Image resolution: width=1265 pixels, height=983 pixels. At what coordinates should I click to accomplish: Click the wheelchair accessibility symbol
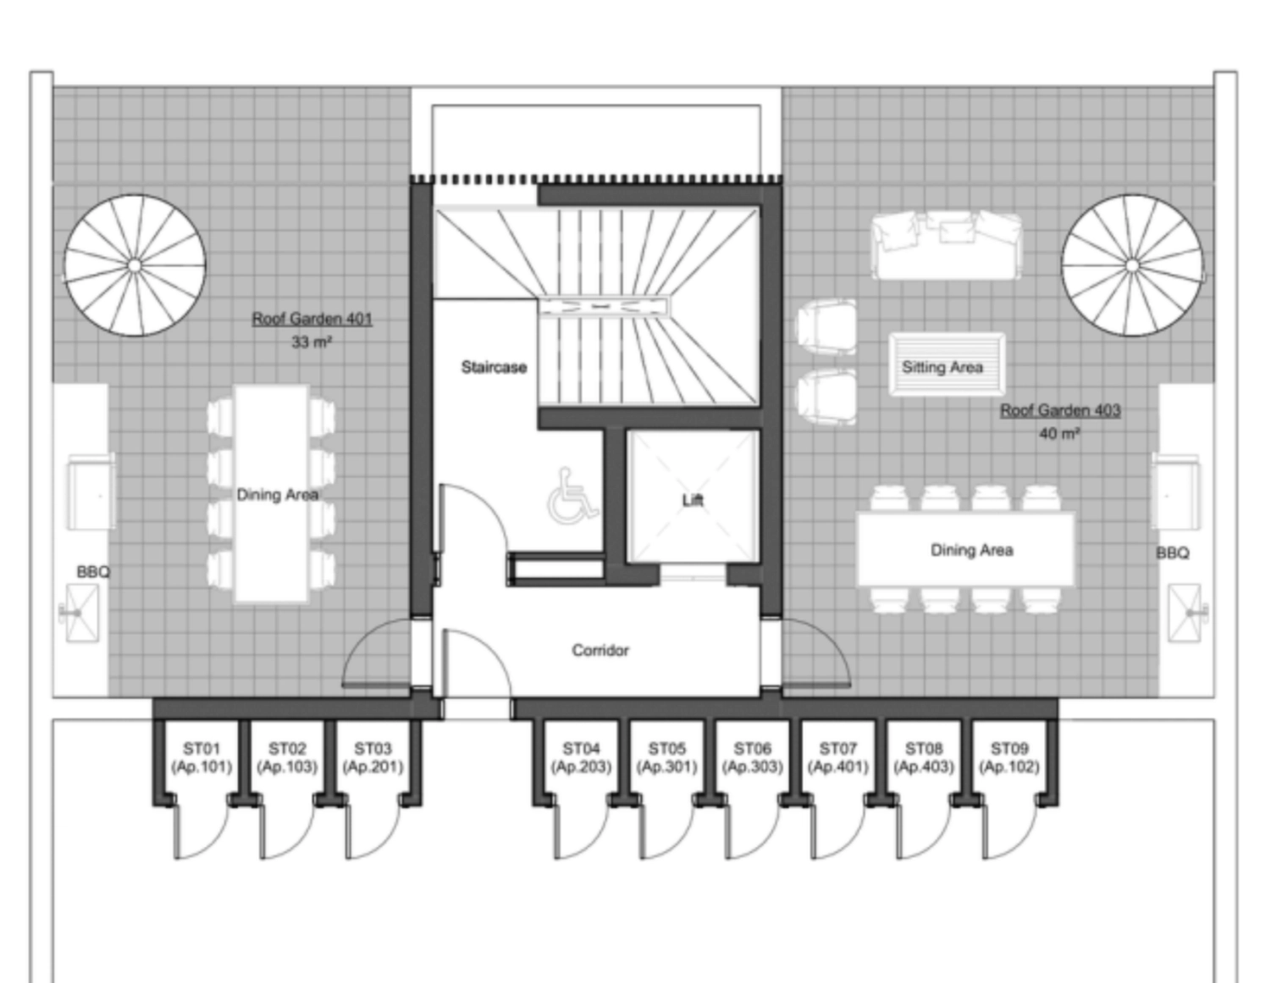point(572,495)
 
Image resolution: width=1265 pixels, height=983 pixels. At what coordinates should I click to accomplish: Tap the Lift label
point(692,500)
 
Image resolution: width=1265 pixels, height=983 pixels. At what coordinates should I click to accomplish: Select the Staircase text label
point(494,368)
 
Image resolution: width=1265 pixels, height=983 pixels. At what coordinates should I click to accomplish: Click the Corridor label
point(600,650)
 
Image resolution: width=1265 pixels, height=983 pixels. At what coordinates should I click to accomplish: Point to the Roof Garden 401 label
point(312,319)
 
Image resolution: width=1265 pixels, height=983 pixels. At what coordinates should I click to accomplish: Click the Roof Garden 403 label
point(1060,410)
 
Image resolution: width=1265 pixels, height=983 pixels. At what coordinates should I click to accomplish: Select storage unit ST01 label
point(202,748)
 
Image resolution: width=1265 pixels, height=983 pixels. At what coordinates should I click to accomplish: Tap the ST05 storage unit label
point(666,748)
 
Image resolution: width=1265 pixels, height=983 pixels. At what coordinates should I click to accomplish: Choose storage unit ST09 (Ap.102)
point(1008,758)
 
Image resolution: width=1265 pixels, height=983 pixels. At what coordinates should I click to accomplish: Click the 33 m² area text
point(312,342)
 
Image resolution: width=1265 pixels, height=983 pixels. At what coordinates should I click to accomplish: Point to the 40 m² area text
point(1059,434)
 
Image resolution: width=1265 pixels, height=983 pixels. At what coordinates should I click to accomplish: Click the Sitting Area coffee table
point(947,365)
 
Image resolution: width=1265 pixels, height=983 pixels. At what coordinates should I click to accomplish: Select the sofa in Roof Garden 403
point(947,246)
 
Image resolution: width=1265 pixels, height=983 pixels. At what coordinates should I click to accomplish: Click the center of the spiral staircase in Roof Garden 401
point(135,265)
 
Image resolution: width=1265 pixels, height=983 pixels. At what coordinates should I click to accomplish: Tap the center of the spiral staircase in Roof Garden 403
point(1132,265)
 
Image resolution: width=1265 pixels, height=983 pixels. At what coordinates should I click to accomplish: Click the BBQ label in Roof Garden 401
point(93,572)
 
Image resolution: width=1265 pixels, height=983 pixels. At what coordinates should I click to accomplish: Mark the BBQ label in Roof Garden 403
point(1172,553)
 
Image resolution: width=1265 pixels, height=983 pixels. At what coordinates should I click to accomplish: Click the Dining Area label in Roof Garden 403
point(971,550)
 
